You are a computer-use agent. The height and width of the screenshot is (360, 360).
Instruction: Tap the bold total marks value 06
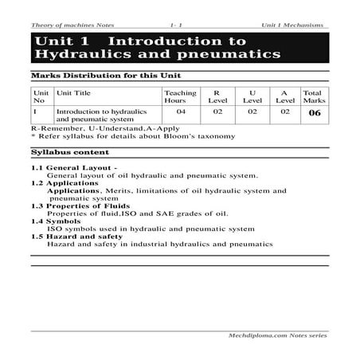[313, 113]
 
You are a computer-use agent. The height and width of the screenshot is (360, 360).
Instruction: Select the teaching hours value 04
[181, 112]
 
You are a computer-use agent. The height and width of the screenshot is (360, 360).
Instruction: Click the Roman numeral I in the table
[34, 112]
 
